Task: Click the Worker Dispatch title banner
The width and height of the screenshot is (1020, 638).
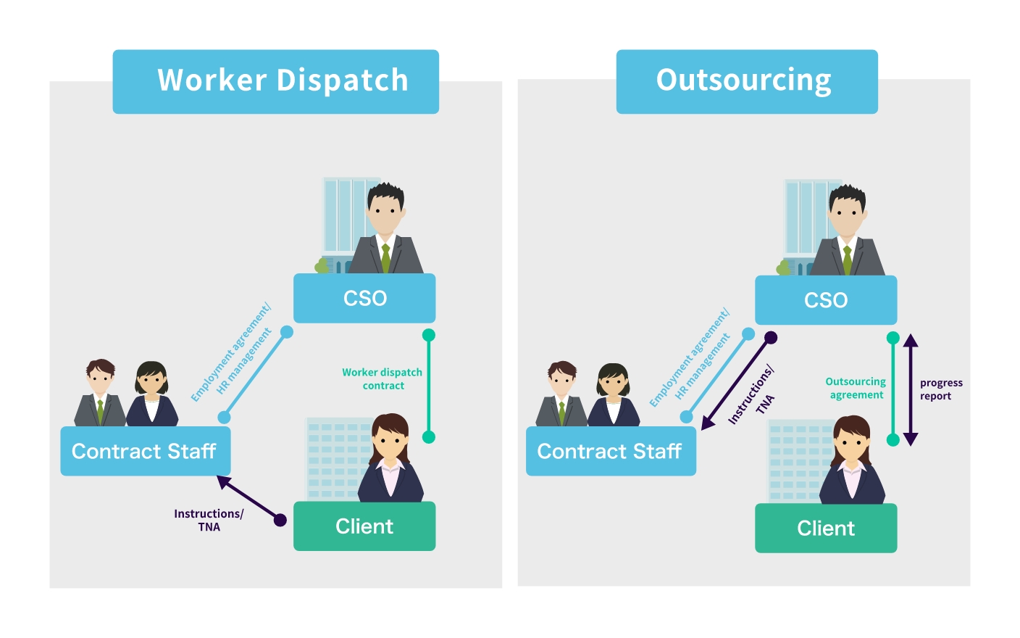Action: [x=275, y=81]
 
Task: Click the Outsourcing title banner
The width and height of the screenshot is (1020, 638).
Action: [x=746, y=81]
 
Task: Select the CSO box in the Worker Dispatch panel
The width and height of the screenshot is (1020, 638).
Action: [x=364, y=298]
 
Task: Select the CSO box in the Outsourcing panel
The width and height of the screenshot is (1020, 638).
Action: [x=825, y=300]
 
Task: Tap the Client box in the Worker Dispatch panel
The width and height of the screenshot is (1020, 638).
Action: [x=364, y=526]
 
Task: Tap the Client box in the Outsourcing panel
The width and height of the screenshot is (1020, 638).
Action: [x=825, y=529]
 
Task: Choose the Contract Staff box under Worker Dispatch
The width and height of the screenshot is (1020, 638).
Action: [x=145, y=451]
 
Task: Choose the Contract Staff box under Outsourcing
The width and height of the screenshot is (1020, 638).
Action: [x=610, y=451]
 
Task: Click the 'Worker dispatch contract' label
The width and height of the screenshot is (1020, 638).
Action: [x=382, y=378]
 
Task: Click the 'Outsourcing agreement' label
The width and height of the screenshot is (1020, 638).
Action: [x=856, y=388]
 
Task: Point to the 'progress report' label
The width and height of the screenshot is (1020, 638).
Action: [x=940, y=389]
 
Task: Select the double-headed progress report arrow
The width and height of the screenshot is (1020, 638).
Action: [x=911, y=389]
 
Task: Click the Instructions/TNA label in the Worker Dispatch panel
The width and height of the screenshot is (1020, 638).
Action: [x=209, y=520]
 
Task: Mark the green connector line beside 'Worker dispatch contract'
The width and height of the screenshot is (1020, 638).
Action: [x=429, y=386]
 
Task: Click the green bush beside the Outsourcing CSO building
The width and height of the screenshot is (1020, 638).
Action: [x=782, y=268]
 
